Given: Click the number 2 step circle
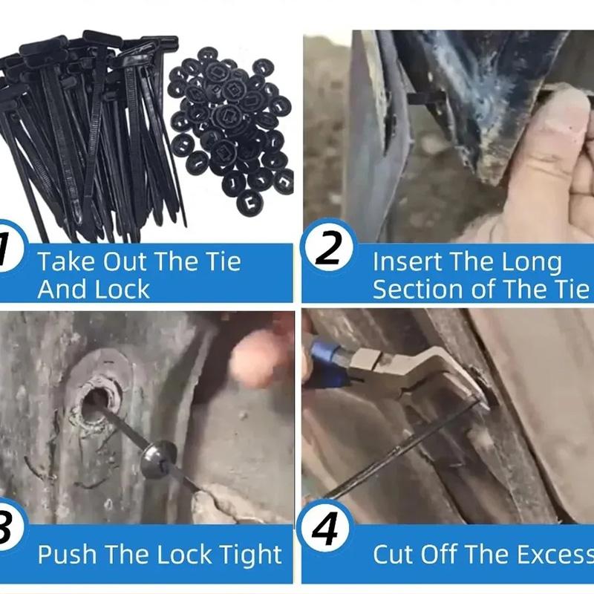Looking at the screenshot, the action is [x=328, y=247].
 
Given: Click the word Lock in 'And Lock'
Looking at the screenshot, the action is [x=122, y=290].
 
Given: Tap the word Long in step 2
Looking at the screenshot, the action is [x=532, y=262].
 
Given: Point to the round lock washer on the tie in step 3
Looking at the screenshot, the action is [x=158, y=459].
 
